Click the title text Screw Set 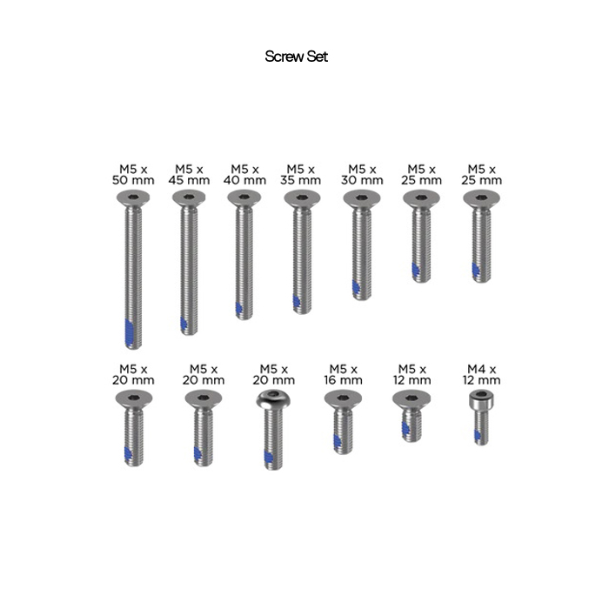tap(297, 57)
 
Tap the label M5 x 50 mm tap(133, 175)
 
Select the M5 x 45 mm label tap(189, 175)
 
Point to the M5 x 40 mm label tap(244, 175)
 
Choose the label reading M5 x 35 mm tap(301, 175)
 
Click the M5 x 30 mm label tap(362, 175)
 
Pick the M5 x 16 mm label tap(344, 374)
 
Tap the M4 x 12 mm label tap(482, 374)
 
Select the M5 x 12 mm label tap(412, 374)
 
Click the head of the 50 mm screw tap(133, 198)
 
